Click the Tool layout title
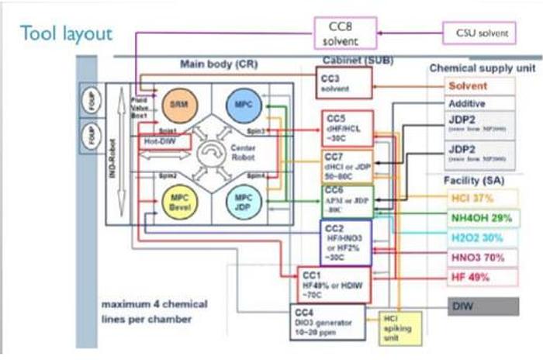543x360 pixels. (x=66, y=33)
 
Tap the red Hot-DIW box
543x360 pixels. (x=160, y=142)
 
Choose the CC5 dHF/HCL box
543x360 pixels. (x=347, y=128)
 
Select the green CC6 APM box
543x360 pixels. (x=347, y=200)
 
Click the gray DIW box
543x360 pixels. (x=481, y=306)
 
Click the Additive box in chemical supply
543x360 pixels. (x=468, y=103)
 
